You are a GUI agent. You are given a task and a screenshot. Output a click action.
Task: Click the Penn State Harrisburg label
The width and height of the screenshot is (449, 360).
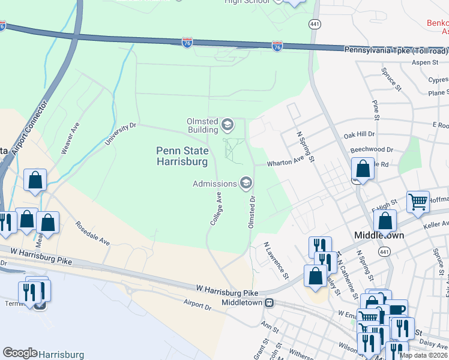182,156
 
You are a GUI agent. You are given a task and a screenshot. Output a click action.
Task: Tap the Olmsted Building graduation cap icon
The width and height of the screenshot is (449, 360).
227,125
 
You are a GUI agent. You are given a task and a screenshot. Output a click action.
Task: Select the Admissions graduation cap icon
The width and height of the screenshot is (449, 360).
246,184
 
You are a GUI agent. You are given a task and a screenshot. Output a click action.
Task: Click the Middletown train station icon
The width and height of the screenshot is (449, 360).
270,303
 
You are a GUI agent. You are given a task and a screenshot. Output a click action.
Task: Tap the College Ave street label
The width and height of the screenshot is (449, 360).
216,208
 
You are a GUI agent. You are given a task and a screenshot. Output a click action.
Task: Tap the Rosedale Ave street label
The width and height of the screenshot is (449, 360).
92,233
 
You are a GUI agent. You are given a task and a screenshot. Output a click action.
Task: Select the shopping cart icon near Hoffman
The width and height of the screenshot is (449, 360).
418,201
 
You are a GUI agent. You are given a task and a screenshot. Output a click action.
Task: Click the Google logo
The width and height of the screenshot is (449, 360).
20,353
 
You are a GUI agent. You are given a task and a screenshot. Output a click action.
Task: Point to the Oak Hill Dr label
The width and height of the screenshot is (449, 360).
358,135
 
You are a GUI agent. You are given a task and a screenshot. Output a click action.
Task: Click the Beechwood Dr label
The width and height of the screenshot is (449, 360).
371,149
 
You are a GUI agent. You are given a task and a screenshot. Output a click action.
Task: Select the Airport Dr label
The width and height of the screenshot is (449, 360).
198,305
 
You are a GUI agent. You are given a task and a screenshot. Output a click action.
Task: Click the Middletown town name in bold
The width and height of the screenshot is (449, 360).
379,236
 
